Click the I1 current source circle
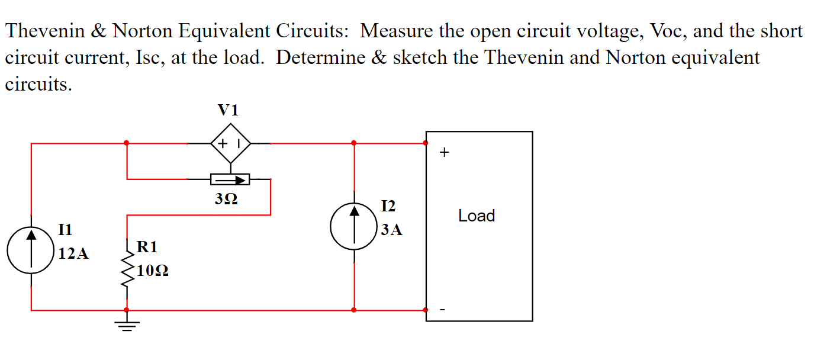click(31, 250)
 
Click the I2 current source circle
click(354, 228)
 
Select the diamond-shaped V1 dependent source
click(230, 143)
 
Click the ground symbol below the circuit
click(127, 324)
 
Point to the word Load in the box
click(477, 216)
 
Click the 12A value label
click(74, 255)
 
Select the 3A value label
click(391, 230)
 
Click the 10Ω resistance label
click(152, 271)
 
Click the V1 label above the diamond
click(229, 110)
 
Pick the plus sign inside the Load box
click(445, 153)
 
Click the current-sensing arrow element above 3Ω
click(230, 179)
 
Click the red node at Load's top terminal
click(426, 143)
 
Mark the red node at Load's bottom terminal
click(426, 310)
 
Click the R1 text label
click(147, 246)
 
